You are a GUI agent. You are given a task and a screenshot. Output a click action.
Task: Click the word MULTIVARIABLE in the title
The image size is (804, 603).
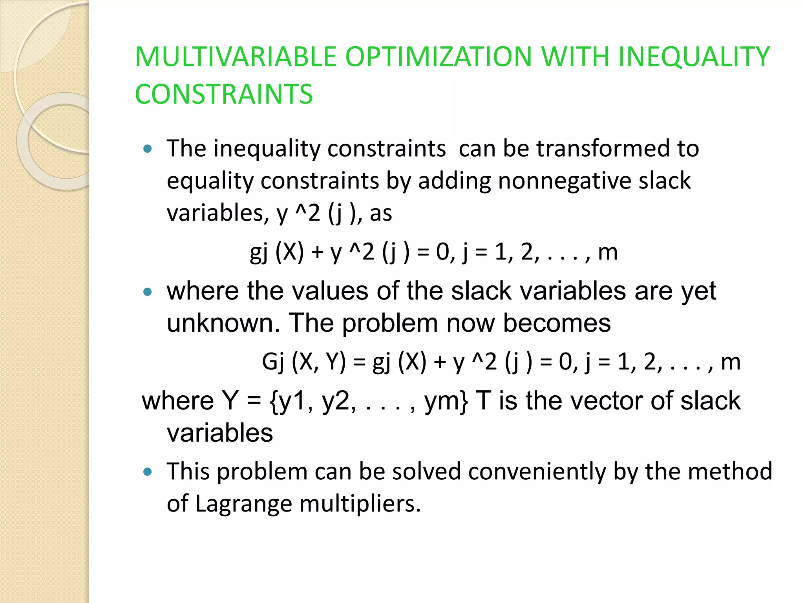(x=236, y=57)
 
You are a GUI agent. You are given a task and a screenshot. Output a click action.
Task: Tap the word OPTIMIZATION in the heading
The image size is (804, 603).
(x=438, y=57)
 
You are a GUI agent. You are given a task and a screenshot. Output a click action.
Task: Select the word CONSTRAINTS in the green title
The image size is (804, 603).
(x=224, y=94)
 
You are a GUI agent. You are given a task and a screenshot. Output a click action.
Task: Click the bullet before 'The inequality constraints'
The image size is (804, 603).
(x=148, y=149)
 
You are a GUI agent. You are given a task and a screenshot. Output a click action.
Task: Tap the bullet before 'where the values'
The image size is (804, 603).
(x=148, y=292)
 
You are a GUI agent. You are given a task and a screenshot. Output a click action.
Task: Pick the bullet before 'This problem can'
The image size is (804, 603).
(x=148, y=472)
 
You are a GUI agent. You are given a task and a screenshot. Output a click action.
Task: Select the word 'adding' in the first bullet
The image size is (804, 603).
(x=454, y=181)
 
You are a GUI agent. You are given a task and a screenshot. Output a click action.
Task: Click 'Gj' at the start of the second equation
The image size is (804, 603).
(x=273, y=362)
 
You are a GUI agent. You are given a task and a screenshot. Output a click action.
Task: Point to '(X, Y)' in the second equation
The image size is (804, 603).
(x=319, y=362)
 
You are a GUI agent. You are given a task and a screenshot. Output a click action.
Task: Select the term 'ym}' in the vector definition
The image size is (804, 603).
(x=446, y=401)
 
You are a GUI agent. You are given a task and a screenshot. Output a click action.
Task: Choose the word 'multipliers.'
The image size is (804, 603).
(x=360, y=504)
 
